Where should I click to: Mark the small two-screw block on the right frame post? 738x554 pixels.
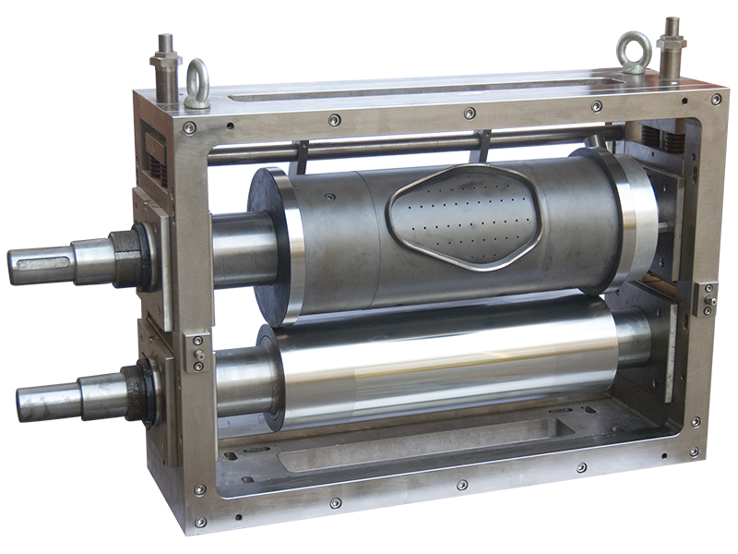coord(706,299)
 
